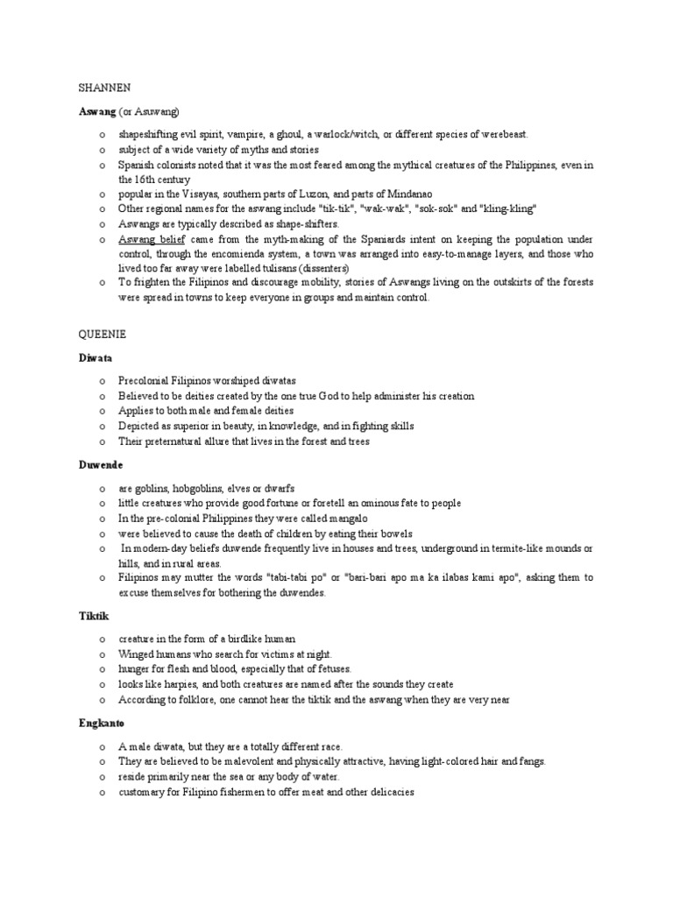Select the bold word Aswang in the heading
[89, 111]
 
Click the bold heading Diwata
[88, 358]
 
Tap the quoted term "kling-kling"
[509, 208]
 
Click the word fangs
[529, 761]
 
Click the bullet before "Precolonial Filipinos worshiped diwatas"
[103, 381]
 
